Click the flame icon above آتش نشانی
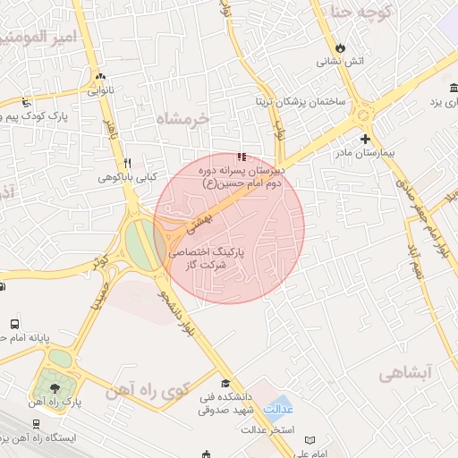[340, 47]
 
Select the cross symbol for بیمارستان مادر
[365, 139]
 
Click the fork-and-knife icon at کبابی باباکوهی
[127, 164]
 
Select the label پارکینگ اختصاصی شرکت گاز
[210, 259]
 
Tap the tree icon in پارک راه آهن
[55, 388]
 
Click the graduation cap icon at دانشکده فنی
[225, 383]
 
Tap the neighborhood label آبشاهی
[405, 372]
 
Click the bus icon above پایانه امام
[14, 324]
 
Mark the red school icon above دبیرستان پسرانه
[242, 158]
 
